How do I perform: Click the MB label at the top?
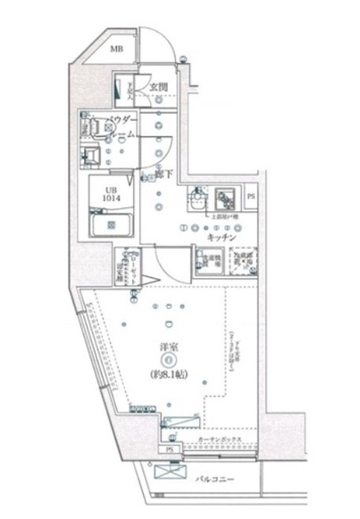[117, 50]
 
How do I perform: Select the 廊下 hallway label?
[165, 174]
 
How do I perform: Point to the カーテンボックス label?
[225, 440]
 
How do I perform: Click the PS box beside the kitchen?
[251, 196]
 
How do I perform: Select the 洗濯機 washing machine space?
[206, 260]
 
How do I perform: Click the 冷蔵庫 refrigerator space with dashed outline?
[240, 260]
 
